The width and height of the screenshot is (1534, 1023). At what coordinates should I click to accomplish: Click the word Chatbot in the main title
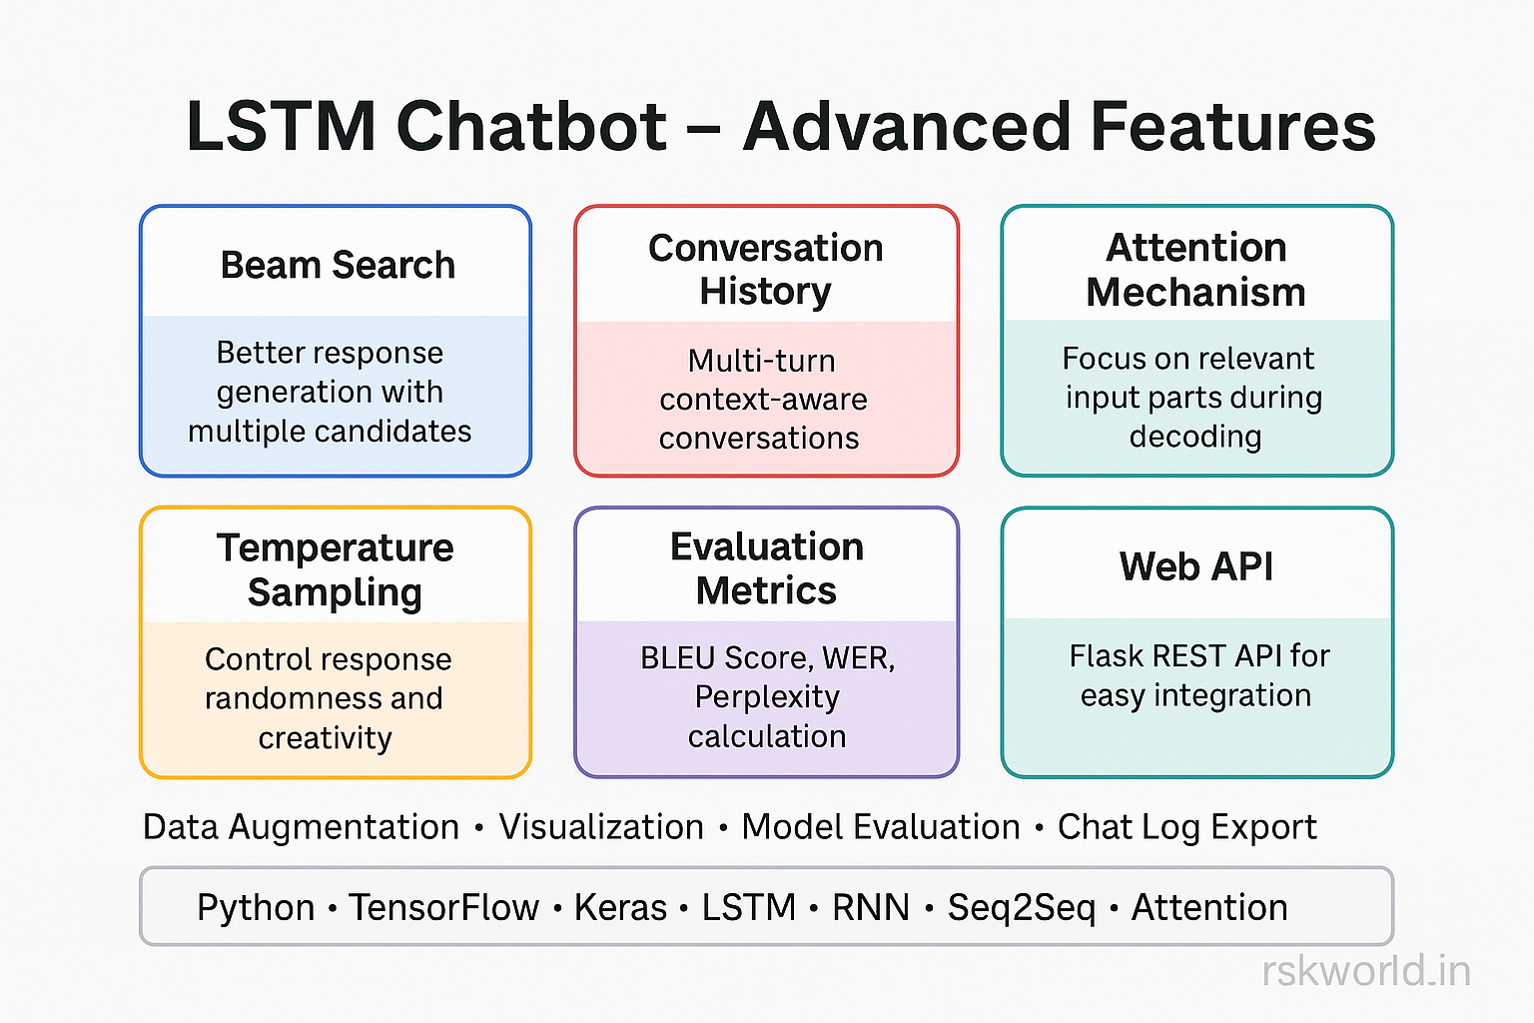(x=531, y=127)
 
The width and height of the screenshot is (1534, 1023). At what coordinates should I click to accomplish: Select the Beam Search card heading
(x=338, y=266)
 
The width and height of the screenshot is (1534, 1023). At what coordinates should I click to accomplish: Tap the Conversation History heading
(x=766, y=270)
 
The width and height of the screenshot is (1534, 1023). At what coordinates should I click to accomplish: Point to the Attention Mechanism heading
(x=1196, y=270)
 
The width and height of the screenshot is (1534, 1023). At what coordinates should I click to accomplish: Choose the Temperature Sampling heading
(x=336, y=569)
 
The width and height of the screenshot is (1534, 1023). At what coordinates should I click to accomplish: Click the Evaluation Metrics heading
(x=766, y=568)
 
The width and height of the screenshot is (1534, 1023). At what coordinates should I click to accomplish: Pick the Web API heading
(x=1196, y=566)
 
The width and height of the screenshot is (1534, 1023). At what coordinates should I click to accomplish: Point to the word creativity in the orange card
(x=326, y=738)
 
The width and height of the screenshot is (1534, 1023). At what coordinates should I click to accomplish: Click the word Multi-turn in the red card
(x=762, y=361)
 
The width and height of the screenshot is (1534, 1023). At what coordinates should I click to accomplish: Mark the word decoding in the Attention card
(x=1195, y=437)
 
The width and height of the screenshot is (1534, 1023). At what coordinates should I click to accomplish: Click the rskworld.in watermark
(x=1366, y=971)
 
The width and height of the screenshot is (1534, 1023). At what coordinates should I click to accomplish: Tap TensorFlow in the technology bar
(x=444, y=907)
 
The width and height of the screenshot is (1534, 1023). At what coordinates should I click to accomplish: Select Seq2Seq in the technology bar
(x=1021, y=907)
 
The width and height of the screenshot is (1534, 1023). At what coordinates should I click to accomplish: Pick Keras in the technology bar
(x=620, y=907)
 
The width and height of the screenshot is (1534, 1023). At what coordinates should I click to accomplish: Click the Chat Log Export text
(x=1186, y=827)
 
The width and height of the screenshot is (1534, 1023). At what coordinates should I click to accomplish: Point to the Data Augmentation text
(x=301, y=827)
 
